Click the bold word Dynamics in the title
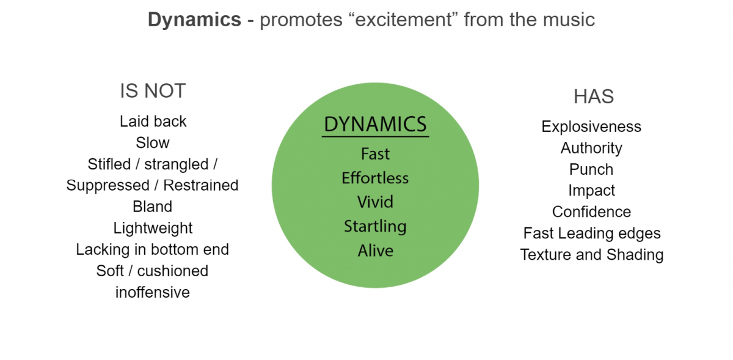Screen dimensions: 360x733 194,20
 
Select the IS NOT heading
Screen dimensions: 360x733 153,91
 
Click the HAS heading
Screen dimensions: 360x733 593,97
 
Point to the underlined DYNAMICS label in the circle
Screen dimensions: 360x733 375,124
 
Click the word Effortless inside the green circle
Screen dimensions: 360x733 375,178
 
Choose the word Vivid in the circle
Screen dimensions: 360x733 375,202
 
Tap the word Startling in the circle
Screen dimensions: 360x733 375,227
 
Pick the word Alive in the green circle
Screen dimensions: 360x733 375,251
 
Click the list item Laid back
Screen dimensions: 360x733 153,121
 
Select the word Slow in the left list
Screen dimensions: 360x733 153,142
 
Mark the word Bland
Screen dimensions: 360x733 153,207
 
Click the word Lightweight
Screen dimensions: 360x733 153,228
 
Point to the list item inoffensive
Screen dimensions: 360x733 153,292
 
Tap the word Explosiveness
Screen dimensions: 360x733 591,127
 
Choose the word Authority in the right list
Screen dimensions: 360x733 591,148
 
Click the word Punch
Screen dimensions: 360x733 591,169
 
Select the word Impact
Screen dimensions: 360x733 591,191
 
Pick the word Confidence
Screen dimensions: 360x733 591,212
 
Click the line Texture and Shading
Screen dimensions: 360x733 591,254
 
